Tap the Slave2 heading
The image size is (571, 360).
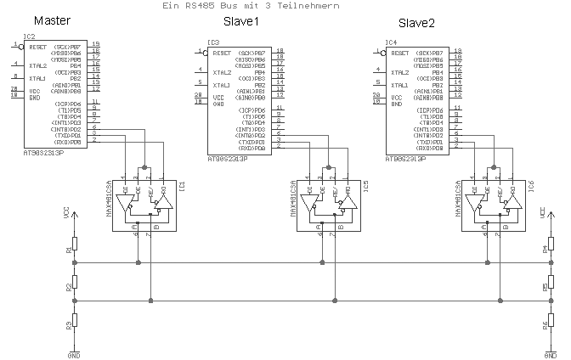(x=417, y=20)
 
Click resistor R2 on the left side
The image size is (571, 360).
(x=76, y=281)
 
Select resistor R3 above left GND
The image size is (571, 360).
(x=76, y=320)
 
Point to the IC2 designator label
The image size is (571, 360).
(x=29, y=37)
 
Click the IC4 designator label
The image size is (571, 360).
(x=391, y=42)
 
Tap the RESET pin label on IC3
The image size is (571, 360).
(x=222, y=53)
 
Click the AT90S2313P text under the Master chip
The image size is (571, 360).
(x=43, y=155)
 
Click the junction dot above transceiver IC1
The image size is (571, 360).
(x=145, y=167)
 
